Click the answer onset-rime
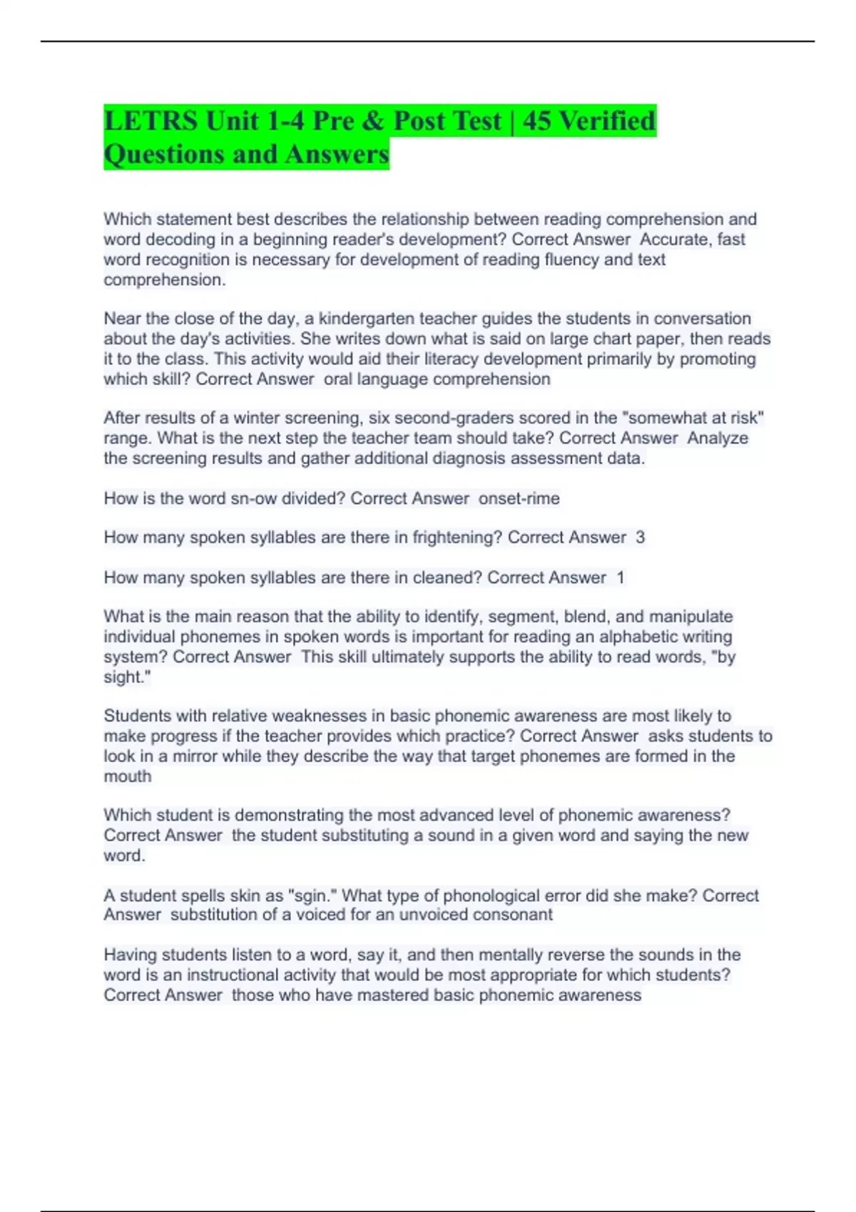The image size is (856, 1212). (519, 498)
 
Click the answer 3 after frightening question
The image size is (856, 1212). (640, 538)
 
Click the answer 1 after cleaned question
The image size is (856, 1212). (620, 577)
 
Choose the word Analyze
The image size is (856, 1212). (718, 438)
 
